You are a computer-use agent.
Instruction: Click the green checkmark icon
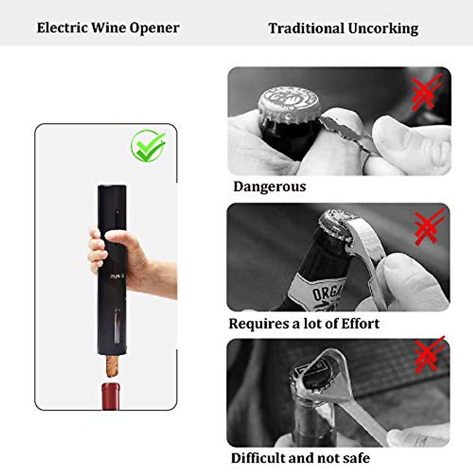(x=148, y=146)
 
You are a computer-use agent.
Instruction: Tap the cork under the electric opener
(x=112, y=366)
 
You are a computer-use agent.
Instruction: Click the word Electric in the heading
(x=62, y=28)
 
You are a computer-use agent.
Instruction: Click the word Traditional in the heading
(x=306, y=28)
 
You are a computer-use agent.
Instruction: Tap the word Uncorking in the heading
(x=383, y=29)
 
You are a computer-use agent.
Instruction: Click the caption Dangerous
(x=270, y=186)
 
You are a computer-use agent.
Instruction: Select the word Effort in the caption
(x=360, y=324)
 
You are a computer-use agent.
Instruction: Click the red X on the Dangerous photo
(x=426, y=91)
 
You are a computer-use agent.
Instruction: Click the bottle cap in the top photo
(x=289, y=103)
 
